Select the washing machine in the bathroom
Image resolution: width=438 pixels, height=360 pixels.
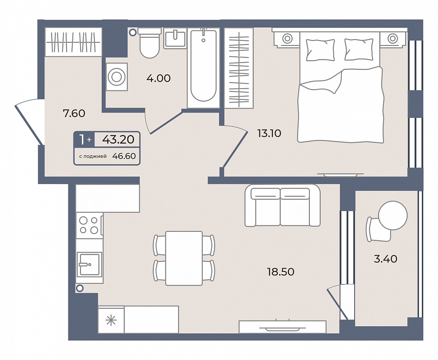[x=116, y=76]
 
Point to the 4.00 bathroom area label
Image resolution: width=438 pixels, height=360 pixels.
[x=158, y=78]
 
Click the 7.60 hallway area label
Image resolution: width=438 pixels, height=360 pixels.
[x=74, y=113]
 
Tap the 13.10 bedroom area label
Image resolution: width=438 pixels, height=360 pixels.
[x=269, y=133]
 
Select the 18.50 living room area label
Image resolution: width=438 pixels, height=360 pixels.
[x=281, y=272]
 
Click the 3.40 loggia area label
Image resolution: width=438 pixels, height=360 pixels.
[x=385, y=259]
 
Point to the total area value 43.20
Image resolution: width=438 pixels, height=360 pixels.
[x=118, y=139]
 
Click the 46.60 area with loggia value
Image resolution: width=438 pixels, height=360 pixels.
[x=124, y=156]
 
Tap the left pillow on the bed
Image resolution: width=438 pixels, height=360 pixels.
[x=320, y=49]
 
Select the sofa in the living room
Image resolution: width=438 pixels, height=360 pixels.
[x=282, y=206]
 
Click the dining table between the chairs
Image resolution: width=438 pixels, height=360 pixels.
[x=184, y=258]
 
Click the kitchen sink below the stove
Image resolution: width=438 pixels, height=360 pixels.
[x=89, y=264]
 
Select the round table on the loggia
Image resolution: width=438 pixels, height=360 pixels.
[x=393, y=215]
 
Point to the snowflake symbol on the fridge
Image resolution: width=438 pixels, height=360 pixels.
[x=111, y=320]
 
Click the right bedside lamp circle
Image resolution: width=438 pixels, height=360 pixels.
[x=393, y=38]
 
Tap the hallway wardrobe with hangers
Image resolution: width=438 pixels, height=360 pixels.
[x=73, y=42]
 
